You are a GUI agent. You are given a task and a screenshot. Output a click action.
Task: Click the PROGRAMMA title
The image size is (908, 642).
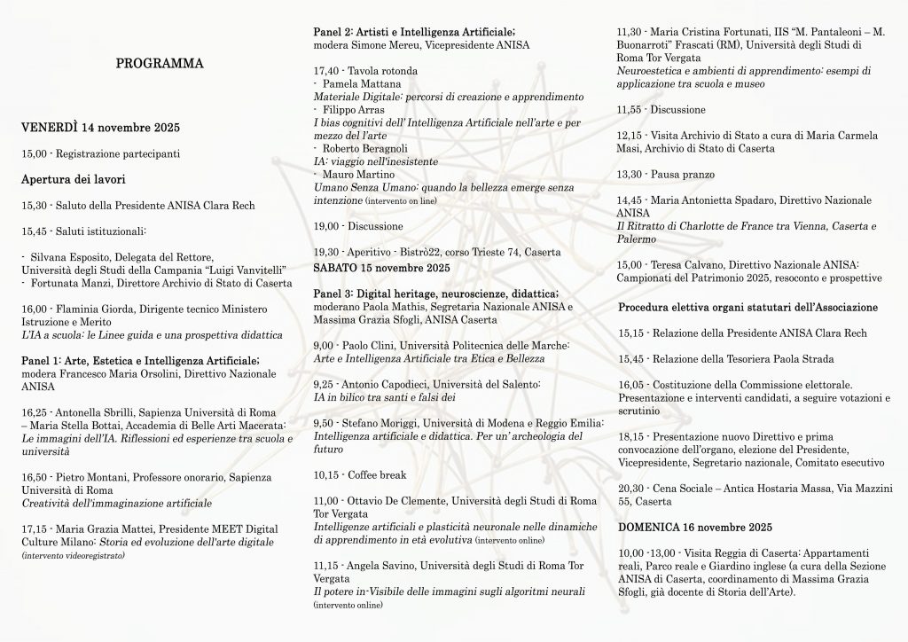(160, 63)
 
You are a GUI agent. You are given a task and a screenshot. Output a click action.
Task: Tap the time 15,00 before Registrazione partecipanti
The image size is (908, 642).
(33, 154)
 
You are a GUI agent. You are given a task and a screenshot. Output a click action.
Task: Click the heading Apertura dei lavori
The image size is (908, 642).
(70, 180)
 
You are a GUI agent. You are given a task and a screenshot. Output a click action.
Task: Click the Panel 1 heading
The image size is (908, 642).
(140, 360)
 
